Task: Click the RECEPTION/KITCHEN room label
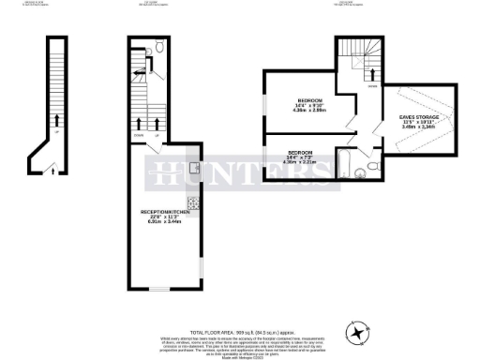(165, 213)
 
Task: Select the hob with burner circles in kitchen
(193, 202)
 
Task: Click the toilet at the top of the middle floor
(160, 46)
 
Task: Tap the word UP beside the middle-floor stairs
(157, 137)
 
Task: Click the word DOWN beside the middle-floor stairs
(139, 137)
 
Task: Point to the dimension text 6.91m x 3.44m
(165, 223)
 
